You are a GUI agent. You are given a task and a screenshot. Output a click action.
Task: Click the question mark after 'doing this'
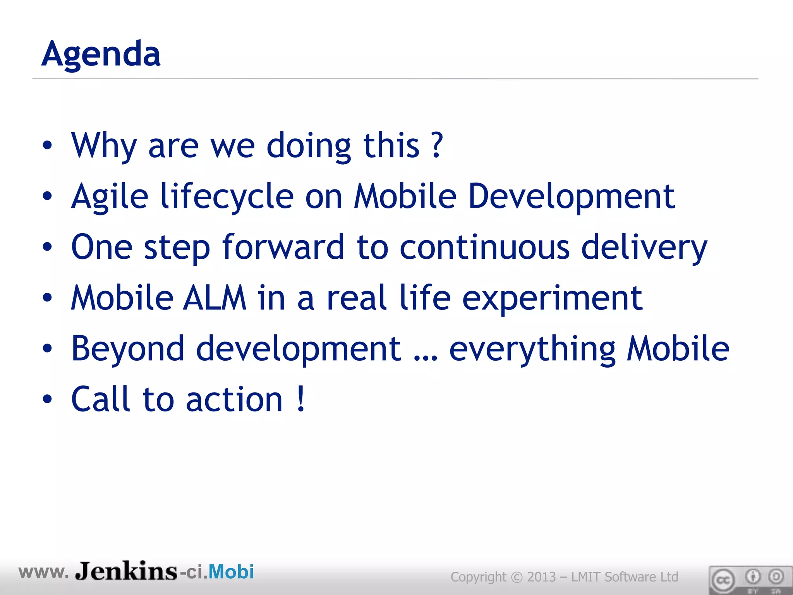(437, 145)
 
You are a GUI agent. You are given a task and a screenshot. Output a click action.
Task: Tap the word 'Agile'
(110, 196)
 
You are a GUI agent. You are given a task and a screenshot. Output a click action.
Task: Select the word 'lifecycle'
(227, 196)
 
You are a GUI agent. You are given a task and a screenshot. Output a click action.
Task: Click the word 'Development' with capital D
(572, 196)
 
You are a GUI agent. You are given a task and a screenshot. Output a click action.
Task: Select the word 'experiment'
(552, 298)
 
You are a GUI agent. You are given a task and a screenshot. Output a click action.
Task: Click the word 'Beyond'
(128, 349)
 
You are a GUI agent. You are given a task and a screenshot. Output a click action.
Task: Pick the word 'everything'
(532, 349)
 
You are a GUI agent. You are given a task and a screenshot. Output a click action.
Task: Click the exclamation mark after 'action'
(301, 399)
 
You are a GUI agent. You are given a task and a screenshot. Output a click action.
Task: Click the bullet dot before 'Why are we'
(47, 146)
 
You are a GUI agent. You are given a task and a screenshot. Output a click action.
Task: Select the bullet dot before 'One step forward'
(47, 247)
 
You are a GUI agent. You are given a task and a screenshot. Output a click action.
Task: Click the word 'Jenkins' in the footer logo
(126, 571)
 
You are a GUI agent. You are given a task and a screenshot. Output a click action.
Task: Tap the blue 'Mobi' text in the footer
(231, 572)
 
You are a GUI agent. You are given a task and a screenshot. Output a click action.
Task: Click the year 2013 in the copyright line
(542, 577)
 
